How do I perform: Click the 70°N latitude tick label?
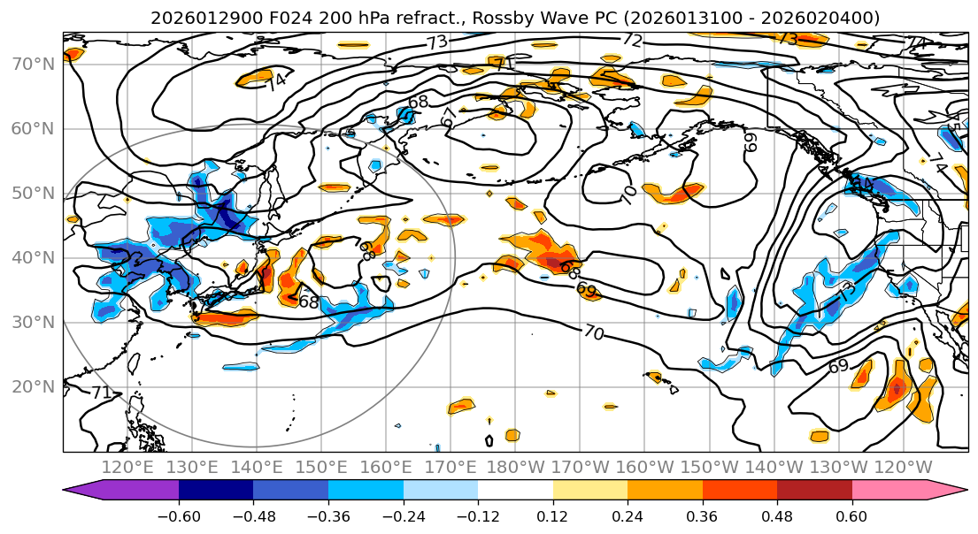point(33,65)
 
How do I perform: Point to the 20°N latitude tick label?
point(33,387)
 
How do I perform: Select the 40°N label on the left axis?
point(33,258)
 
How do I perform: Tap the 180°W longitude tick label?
point(515,467)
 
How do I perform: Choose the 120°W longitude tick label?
point(902,467)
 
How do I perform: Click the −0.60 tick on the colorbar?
point(179,515)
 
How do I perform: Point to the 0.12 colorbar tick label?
point(552,515)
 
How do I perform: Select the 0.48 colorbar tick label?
point(777,515)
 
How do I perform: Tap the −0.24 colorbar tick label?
point(403,515)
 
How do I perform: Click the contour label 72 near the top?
point(631,40)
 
